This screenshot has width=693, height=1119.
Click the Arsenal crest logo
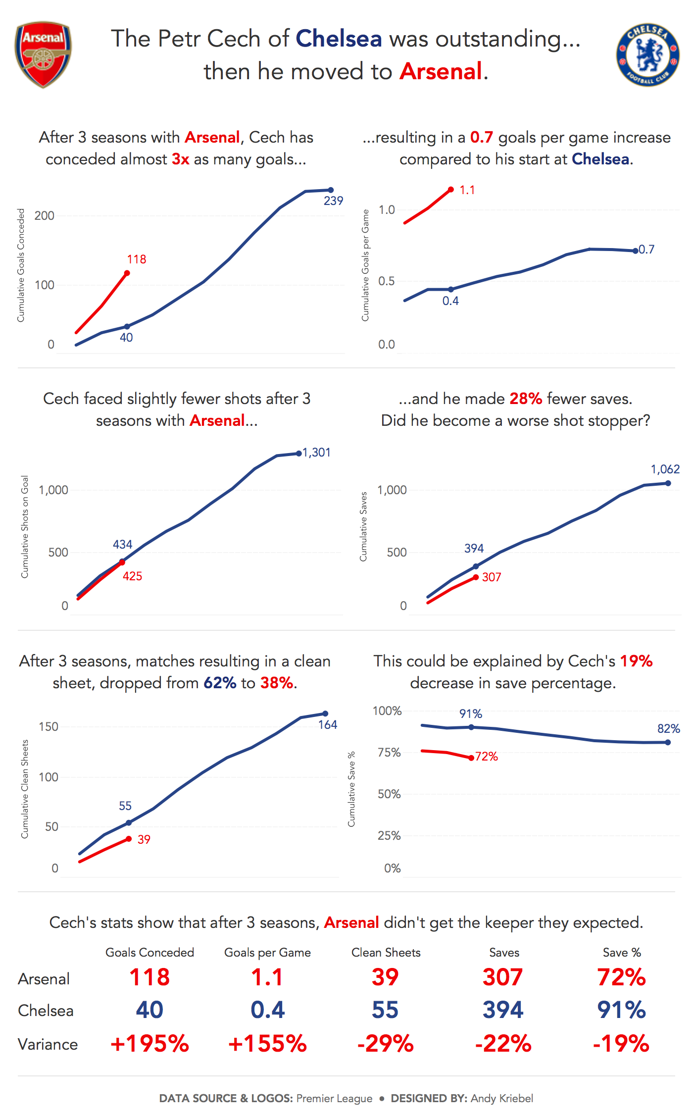point(43,54)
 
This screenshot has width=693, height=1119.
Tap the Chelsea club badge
point(647,54)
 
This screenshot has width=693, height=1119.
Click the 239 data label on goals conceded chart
point(333,201)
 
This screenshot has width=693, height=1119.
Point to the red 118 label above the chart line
point(137,259)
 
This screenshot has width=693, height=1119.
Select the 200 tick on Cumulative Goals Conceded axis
point(45,216)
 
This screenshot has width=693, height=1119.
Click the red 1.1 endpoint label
point(467,190)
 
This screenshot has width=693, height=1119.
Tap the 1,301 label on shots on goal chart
point(317,453)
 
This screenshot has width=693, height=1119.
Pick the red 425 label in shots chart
point(132,576)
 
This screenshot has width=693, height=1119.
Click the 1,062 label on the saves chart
point(665,469)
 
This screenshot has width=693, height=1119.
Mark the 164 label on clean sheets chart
point(327,725)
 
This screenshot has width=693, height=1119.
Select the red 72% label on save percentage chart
point(487,757)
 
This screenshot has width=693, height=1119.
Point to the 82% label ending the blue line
point(668,729)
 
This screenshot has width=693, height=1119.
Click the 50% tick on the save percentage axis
point(389,794)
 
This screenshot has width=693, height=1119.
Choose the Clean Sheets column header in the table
point(386,953)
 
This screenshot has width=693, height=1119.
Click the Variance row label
point(48,1045)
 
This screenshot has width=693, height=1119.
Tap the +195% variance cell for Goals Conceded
point(149,1044)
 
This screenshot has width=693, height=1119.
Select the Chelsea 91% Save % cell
point(621,1010)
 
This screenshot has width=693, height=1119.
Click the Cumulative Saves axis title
point(364,527)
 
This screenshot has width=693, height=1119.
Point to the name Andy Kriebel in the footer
point(502,1098)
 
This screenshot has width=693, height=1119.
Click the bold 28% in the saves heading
point(526,399)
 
